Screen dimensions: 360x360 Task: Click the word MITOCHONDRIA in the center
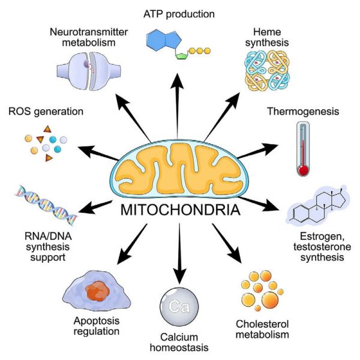coord(179,212)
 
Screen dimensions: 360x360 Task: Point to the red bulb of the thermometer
coord(304,170)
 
